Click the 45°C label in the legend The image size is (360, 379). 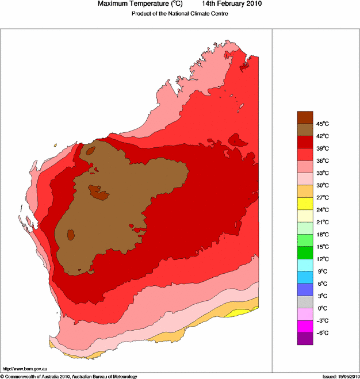pos(322,124)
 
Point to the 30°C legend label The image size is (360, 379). pos(322,185)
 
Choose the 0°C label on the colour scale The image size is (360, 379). pos(322,308)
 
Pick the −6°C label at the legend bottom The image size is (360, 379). pos(322,333)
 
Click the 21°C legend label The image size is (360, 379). pos(322,222)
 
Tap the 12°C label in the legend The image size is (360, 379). pos(322,259)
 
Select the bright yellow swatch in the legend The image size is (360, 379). pos(305,204)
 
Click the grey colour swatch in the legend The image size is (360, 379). pos(305,302)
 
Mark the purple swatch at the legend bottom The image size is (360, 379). pos(305,339)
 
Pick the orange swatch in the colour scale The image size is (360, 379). pos(305,191)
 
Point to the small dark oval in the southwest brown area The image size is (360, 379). pos(71,234)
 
